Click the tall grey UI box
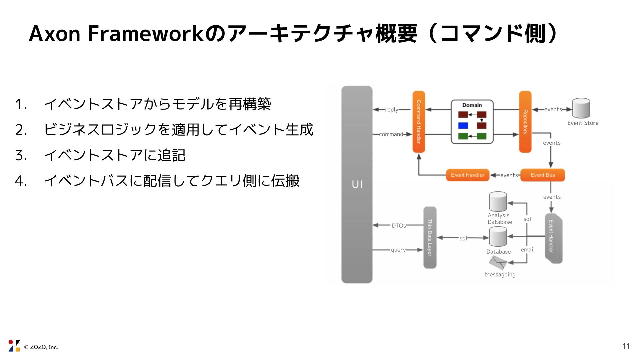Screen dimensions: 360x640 pyautogui.click(x=357, y=184)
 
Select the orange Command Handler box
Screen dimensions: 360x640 pyautogui.click(x=419, y=122)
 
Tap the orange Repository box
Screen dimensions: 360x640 pyautogui.click(x=525, y=122)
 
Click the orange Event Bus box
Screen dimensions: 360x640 pyautogui.click(x=542, y=175)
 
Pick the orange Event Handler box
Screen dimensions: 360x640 pyautogui.click(x=467, y=175)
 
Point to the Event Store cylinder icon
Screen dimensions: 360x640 pyautogui.click(x=581, y=108)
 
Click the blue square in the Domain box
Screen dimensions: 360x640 pyautogui.click(x=463, y=126)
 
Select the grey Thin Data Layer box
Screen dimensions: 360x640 pyautogui.click(x=430, y=237)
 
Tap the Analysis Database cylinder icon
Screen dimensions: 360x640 pyautogui.click(x=498, y=202)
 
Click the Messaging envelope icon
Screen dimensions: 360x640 pyautogui.click(x=498, y=263)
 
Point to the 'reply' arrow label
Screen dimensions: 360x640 pyautogui.click(x=392, y=110)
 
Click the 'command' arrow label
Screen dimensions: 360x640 pyautogui.click(x=391, y=134)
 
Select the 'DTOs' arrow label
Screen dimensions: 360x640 pyautogui.click(x=399, y=226)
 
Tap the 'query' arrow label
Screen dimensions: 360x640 pyautogui.click(x=398, y=250)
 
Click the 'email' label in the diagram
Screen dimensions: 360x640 pyautogui.click(x=528, y=250)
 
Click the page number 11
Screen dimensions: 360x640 pyautogui.click(x=626, y=346)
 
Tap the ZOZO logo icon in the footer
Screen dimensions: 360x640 pyautogui.click(x=14, y=346)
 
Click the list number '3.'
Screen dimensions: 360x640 pyautogui.click(x=21, y=155)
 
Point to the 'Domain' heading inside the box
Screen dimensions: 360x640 pyautogui.click(x=472, y=105)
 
